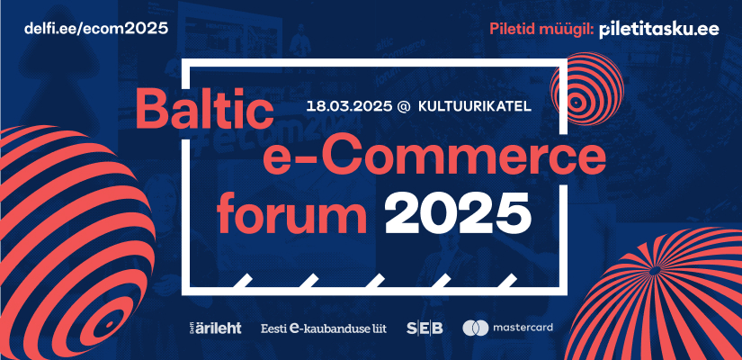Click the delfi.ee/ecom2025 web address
96,29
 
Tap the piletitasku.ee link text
658,30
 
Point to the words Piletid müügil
541,30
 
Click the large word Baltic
204,110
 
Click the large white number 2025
458,213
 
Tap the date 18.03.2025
349,106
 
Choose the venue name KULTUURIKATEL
475,106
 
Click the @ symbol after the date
404,106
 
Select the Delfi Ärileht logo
213,328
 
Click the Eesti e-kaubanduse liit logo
324,328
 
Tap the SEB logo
425,328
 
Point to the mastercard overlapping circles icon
476,328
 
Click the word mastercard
523,328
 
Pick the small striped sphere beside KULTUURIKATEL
586,89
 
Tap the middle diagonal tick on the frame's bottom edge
376,281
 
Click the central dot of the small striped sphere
576,102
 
